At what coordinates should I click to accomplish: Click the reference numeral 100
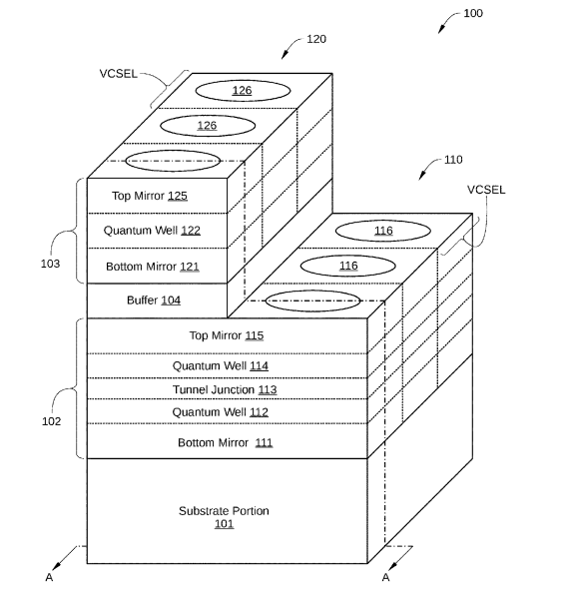[473, 13]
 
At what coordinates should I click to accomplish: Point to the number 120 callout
[316, 39]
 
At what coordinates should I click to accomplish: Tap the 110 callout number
[453, 160]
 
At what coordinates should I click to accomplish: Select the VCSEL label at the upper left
[119, 74]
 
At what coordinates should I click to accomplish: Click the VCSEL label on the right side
[486, 190]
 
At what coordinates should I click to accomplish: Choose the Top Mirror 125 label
[150, 196]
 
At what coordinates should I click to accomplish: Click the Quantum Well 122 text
[152, 231]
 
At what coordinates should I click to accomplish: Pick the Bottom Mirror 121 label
[153, 267]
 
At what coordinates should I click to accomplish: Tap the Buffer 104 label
[154, 300]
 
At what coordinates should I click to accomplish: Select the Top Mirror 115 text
[227, 335]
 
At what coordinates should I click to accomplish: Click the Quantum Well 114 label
[221, 365]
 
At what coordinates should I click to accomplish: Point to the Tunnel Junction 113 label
[225, 389]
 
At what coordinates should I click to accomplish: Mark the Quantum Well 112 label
[221, 412]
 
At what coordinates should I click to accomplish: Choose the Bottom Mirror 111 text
[226, 442]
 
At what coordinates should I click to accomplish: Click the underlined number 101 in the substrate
[225, 524]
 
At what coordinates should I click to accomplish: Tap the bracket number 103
[50, 264]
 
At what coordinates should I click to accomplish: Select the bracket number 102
[51, 421]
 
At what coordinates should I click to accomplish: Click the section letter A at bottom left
[49, 577]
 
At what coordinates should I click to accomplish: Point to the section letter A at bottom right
[386, 577]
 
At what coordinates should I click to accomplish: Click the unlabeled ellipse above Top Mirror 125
[173, 151]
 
